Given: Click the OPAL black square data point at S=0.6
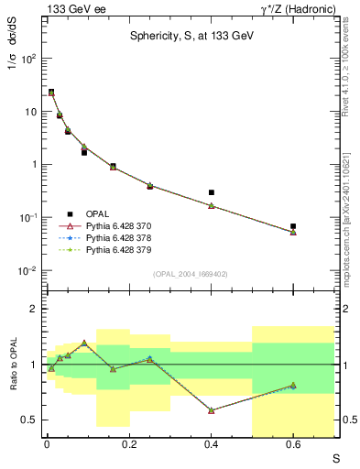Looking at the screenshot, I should tap(293, 225).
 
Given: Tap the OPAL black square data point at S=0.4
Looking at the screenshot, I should tap(211, 192).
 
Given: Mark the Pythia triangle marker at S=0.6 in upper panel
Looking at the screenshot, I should tap(293, 232).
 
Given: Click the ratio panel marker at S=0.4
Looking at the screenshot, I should tap(211, 410).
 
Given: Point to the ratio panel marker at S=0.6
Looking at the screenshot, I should tap(293, 386).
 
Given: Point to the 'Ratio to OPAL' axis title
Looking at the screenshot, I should tap(12, 365).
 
